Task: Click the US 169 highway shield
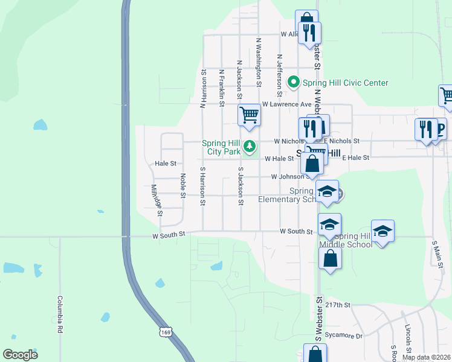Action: coord(166,331)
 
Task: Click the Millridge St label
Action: coord(157,200)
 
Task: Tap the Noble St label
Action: coord(182,185)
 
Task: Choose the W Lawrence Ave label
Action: coord(286,104)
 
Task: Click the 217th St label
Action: coord(340,305)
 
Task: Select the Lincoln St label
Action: coord(408,341)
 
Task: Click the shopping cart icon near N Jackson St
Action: coord(249,115)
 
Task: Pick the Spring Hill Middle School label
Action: coord(353,240)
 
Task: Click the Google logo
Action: coord(20,355)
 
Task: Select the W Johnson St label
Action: coord(291,177)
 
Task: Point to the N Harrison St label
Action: coord(204,88)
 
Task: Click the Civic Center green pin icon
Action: coord(294,81)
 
